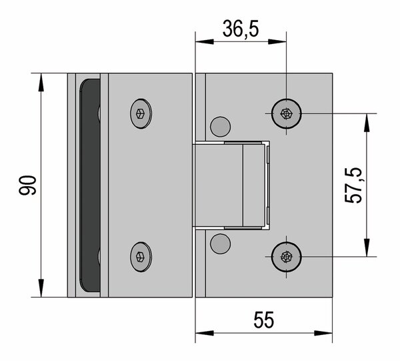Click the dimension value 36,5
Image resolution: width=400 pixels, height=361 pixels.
click(241, 29)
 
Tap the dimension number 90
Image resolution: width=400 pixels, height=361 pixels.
click(27, 186)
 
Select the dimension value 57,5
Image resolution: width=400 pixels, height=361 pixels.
click(353, 186)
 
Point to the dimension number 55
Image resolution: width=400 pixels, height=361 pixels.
click(264, 320)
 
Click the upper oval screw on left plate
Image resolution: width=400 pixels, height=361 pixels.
click(141, 113)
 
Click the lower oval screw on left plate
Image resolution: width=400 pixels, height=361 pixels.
click(141, 257)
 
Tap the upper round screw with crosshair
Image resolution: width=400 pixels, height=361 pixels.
click(286, 113)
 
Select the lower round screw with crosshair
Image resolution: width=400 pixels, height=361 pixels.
click(286, 257)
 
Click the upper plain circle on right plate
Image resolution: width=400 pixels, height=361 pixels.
click(221, 127)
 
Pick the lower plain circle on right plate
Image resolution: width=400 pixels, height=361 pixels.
click(221, 244)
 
